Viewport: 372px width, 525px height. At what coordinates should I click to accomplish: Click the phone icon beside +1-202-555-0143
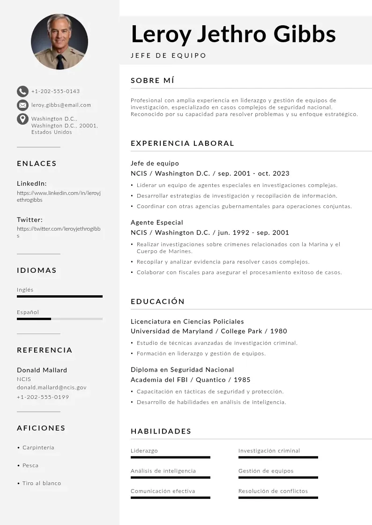[22, 91]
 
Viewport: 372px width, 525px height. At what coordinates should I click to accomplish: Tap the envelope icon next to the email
[22, 105]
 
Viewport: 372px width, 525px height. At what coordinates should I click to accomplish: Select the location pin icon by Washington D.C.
[22, 119]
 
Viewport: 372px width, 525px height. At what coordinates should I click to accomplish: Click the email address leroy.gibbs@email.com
[61, 105]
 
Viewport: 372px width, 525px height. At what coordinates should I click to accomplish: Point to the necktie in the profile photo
[60, 61]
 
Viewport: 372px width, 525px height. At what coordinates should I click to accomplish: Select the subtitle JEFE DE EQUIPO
[168, 55]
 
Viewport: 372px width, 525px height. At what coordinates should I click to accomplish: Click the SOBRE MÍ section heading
[152, 81]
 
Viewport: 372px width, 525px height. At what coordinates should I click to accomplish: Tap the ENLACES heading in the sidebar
[37, 164]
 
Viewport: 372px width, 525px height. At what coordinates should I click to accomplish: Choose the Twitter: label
[30, 219]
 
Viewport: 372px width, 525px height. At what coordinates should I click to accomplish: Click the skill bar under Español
[60, 319]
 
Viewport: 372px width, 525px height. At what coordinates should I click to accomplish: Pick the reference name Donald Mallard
[42, 370]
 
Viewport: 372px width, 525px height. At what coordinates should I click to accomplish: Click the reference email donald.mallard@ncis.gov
[52, 388]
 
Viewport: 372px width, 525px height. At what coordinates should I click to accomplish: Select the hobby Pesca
[30, 465]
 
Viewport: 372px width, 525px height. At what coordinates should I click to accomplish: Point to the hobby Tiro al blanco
[42, 483]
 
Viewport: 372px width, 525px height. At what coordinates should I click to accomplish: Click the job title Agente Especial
[156, 222]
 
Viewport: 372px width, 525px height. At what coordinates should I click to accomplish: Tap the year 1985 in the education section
[242, 380]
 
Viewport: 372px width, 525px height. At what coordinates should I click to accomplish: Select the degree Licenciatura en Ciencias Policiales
[187, 322]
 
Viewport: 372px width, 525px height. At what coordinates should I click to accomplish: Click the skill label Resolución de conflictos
[273, 491]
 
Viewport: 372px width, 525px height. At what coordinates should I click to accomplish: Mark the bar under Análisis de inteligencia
[170, 477]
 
